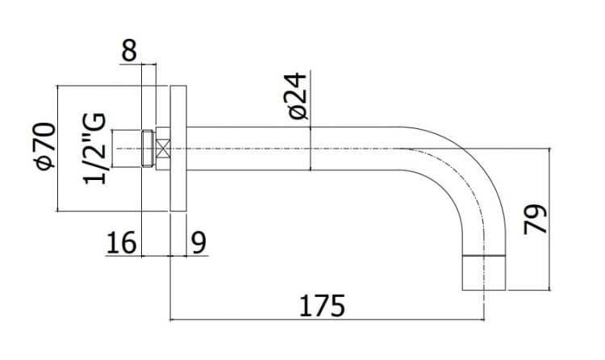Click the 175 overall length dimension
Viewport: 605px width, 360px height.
323,306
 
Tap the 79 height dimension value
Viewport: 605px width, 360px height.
535,219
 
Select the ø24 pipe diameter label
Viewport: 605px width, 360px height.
296,96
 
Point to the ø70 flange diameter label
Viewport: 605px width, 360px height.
45,146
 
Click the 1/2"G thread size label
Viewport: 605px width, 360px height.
94,149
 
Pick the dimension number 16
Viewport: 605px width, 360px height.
121,242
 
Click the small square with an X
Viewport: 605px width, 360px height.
163,149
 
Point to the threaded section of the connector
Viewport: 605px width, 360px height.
147,149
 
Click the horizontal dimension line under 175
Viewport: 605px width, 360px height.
323,320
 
